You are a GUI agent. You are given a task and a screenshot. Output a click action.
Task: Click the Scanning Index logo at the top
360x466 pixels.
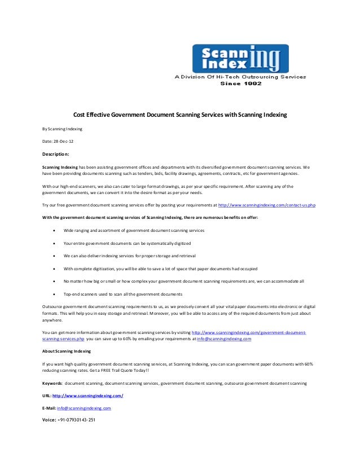click(240, 58)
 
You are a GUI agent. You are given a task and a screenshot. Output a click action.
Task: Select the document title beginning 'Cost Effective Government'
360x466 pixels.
click(180, 115)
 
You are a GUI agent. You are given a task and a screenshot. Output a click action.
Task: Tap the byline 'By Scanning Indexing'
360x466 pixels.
click(63, 129)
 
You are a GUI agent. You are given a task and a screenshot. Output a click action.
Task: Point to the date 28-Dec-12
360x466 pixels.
click(58, 141)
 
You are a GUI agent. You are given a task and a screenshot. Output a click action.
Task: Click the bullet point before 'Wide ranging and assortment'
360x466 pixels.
click(53, 231)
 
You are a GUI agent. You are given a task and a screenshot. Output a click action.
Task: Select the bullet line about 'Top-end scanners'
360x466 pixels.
click(122, 294)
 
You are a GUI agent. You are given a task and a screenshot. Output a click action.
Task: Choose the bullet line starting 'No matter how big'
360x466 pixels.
click(183, 281)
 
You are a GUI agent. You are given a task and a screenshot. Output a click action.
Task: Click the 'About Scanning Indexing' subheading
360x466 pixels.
click(67, 351)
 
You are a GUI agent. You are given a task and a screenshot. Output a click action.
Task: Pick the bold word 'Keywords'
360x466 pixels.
click(52, 383)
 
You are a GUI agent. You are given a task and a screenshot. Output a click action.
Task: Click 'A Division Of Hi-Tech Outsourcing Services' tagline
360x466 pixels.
click(240, 76)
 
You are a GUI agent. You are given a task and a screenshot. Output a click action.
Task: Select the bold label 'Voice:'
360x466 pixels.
click(49, 419)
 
